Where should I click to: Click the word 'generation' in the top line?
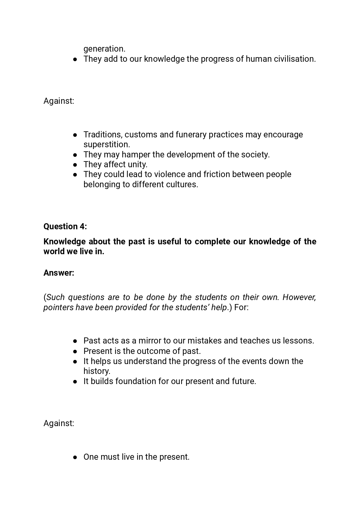pyautogui.click(x=103, y=49)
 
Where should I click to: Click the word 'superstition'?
pyautogui.click(x=106, y=144)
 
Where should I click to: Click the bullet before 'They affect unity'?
pyautogui.click(x=75, y=165)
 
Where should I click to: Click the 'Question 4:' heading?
pyautogui.click(x=65, y=226)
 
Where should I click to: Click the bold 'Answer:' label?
pyautogui.click(x=59, y=273)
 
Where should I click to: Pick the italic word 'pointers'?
pyautogui.click(x=58, y=307)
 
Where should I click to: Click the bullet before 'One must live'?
pyautogui.click(x=75, y=457)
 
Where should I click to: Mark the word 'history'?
pyautogui.click(x=96, y=371)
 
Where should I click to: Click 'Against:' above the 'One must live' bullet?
pyautogui.click(x=59, y=423)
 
